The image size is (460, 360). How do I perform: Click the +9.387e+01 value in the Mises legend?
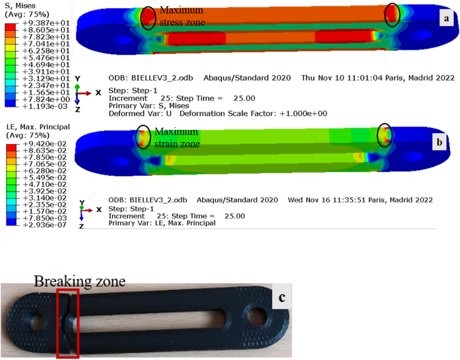point(46,23)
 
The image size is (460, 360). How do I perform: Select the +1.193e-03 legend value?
point(46,106)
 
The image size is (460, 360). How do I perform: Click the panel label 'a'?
point(447,18)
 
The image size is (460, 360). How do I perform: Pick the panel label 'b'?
point(439,142)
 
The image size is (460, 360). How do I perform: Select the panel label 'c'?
point(282,297)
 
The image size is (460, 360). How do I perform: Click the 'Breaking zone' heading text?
point(80,281)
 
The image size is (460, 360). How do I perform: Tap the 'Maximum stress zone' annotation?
point(182,16)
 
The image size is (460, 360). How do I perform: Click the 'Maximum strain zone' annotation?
point(177,137)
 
